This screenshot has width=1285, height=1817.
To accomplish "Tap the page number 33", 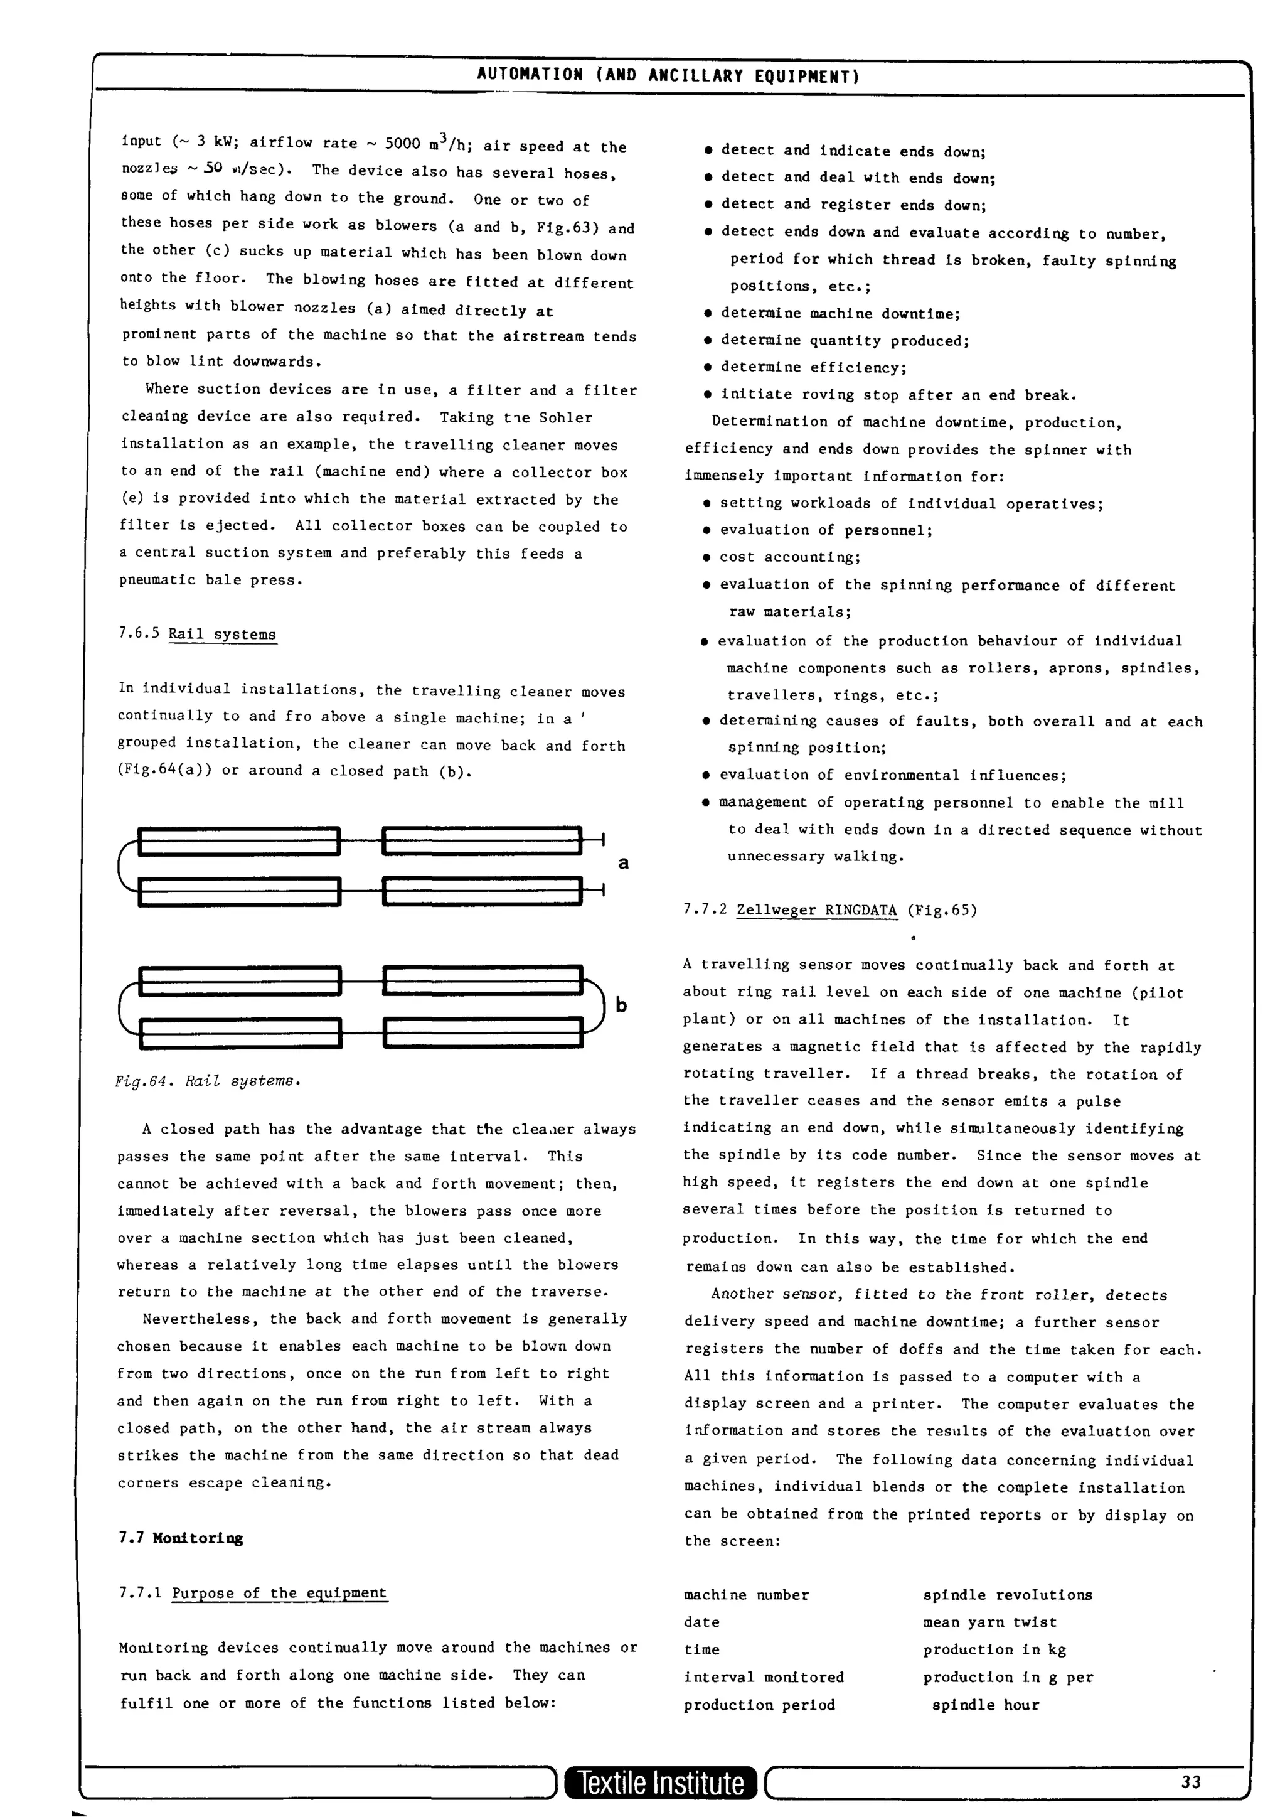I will [x=1191, y=1781].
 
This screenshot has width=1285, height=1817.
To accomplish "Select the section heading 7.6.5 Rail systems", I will [x=198, y=634].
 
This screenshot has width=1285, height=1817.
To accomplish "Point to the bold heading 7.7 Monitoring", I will [x=181, y=1538].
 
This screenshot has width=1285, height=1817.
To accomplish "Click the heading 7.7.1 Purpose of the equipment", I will [x=253, y=1592].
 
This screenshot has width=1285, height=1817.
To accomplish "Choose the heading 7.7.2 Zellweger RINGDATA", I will [x=830, y=910].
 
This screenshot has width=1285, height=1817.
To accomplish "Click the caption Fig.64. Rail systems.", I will [x=208, y=1081].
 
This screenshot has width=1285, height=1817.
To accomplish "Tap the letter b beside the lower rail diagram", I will [x=621, y=1005].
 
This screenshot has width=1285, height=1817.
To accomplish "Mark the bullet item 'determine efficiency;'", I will [x=813, y=367].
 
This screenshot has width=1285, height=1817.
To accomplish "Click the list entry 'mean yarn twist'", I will [x=989, y=1622].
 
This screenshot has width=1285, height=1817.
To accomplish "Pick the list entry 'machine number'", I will [x=746, y=1595].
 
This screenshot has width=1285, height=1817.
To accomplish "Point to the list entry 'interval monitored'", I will [x=764, y=1676].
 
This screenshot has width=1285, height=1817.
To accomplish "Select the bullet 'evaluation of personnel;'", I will [x=825, y=530].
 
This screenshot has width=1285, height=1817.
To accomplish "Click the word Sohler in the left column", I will [x=566, y=417].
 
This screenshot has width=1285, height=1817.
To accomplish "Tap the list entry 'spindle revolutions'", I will [x=1006, y=1595].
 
